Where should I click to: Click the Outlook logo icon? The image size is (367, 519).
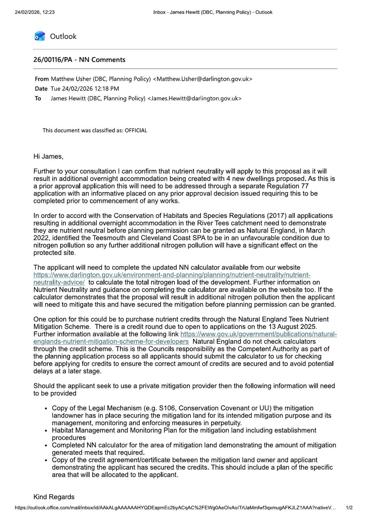(40, 36)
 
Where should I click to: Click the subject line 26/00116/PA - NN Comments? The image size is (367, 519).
(79, 60)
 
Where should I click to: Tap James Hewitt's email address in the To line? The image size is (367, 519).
(194, 98)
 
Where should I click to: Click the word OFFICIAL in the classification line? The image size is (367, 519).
(136, 130)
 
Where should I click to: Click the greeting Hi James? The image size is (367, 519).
(48, 156)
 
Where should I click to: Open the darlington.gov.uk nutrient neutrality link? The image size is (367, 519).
(172, 275)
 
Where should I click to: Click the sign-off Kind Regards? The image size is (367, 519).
(54, 497)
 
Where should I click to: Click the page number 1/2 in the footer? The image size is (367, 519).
(349, 508)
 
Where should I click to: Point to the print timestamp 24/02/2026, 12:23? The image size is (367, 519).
(35, 12)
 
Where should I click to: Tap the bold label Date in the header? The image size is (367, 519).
(41, 89)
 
